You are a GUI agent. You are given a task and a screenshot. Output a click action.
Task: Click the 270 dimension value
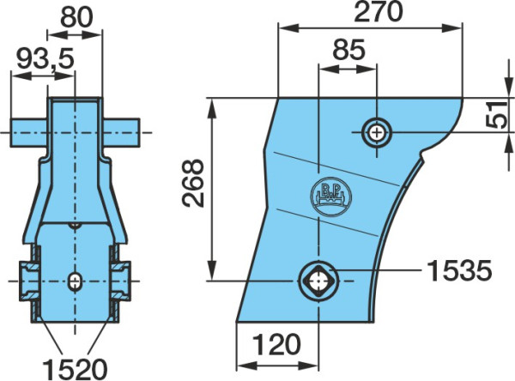click(378, 12)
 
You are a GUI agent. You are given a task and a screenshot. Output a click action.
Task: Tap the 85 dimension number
click(348, 50)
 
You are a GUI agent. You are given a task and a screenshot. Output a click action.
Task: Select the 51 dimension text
click(496, 115)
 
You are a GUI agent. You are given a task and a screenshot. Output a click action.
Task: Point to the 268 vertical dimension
click(193, 183)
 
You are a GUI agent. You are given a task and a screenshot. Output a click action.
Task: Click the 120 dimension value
click(276, 345)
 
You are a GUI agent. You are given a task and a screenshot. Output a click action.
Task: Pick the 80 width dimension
click(76, 18)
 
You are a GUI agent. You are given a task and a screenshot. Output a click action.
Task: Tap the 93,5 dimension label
click(45, 59)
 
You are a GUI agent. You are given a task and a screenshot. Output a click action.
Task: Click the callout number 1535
click(460, 271)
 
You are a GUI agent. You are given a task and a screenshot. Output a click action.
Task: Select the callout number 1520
click(76, 369)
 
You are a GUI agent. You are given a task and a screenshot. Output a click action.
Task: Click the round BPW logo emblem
click(330, 197)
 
